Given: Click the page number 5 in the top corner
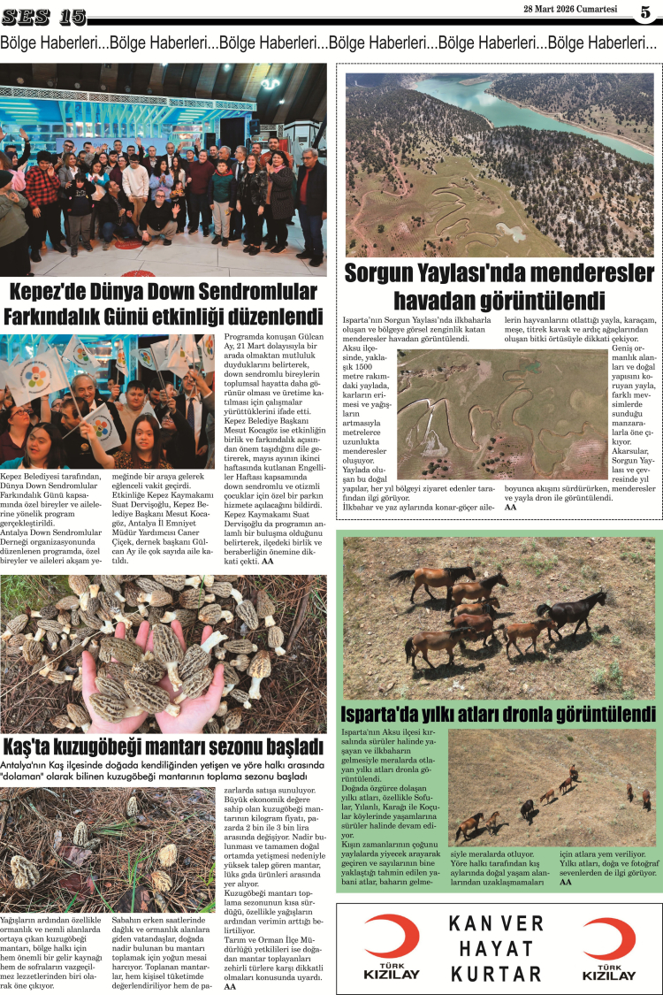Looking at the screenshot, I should [646, 12].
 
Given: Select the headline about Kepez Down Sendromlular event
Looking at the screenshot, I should [164, 303].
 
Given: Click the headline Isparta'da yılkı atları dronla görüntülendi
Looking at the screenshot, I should [499, 714].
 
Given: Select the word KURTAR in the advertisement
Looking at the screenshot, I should [496, 974].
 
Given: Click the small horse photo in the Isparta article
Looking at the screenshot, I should [552, 787].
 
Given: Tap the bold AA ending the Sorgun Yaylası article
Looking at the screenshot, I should [510, 507].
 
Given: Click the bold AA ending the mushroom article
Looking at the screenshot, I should [230, 986].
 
